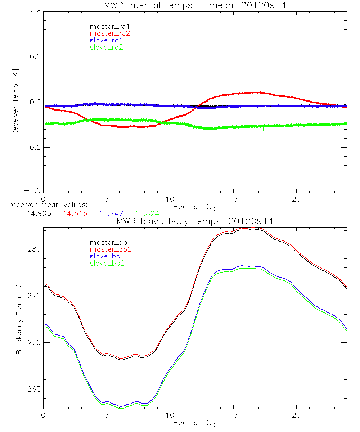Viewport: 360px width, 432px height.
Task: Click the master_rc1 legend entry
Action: [x=106, y=26]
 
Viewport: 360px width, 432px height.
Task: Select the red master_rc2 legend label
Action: [x=110, y=33]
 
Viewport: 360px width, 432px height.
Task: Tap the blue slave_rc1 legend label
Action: [x=106, y=40]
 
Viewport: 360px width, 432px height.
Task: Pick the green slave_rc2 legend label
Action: [x=106, y=47]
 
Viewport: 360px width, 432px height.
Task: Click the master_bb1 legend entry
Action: [x=108, y=243]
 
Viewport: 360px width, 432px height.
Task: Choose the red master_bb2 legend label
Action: [x=109, y=249]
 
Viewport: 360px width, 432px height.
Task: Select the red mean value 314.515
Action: [x=72, y=213]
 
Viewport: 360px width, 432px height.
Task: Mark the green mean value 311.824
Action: [x=145, y=213]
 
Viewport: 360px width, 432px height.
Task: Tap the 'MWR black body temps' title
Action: [x=195, y=221]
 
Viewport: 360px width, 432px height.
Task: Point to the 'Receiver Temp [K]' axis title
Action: [x=15, y=102]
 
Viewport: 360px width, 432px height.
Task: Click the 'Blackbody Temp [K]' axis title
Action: [x=18, y=319]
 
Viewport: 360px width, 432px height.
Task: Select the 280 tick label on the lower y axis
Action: [x=34, y=249]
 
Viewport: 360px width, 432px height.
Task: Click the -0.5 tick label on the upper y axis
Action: [x=32, y=147]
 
